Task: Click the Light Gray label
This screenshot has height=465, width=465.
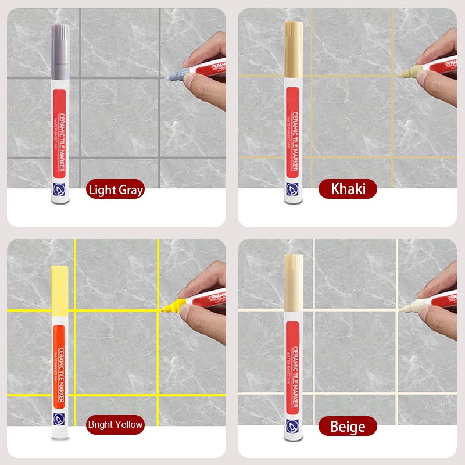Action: coord(115,189)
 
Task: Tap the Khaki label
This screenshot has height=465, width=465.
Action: coord(348,189)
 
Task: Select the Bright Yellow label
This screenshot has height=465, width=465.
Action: coord(115,424)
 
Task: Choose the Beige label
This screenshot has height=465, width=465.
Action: coord(348,427)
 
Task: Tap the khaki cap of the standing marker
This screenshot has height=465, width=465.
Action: coord(292,41)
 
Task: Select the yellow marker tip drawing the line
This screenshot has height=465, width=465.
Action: coord(171,305)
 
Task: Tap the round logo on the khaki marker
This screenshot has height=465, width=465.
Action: coord(292,187)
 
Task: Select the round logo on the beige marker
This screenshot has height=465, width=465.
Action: coord(292,423)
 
